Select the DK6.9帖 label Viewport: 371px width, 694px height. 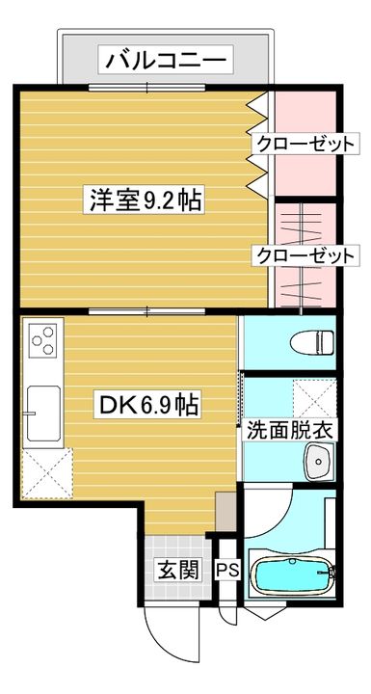tap(150, 405)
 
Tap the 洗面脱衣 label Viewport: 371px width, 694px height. tap(289, 430)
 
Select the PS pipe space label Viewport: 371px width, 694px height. tap(227, 571)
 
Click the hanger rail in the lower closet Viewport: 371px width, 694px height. tap(305, 255)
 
